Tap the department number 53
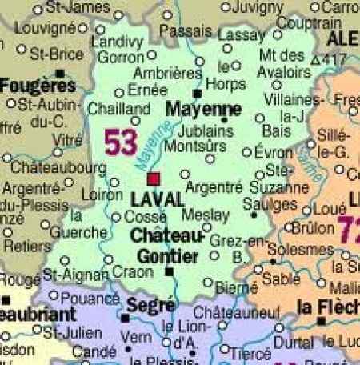(121, 142)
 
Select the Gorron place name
(122, 58)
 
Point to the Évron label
(272, 153)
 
